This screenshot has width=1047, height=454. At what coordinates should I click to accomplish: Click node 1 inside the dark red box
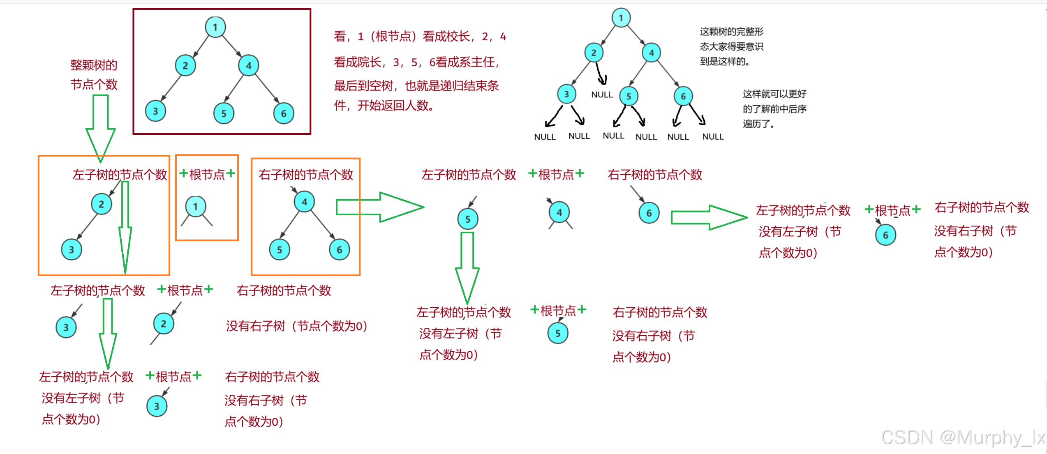pyautogui.click(x=215, y=28)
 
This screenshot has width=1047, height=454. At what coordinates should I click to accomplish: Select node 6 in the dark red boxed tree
pyautogui.click(x=284, y=114)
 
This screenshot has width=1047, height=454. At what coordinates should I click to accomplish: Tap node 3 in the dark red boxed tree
pyautogui.click(x=155, y=111)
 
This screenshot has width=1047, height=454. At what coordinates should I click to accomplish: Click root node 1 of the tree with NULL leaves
pyautogui.click(x=621, y=18)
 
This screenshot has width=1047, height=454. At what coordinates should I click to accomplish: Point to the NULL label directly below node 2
pyautogui.click(x=602, y=95)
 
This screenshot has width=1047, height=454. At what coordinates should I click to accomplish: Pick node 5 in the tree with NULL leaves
pyautogui.click(x=629, y=97)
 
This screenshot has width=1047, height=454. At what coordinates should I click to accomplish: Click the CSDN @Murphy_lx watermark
pyautogui.click(x=962, y=437)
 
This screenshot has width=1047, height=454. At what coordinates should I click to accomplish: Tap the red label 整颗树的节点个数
pyautogui.click(x=94, y=75)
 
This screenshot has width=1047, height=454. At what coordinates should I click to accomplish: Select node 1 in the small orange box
pyautogui.click(x=195, y=207)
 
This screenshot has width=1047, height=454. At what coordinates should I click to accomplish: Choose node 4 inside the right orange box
pyautogui.click(x=304, y=202)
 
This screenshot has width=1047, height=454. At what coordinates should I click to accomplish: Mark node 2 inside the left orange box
pyautogui.click(x=101, y=204)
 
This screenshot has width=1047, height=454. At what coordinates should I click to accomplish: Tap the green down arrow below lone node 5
pyautogui.click(x=467, y=267)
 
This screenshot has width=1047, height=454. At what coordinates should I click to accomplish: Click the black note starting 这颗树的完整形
pyautogui.click(x=731, y=46)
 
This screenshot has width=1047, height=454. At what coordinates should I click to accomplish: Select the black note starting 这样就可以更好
pyautogui.click(x=774, y=109)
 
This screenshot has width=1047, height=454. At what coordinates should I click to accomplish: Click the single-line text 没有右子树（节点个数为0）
pyautogui.click(x=296, y=326)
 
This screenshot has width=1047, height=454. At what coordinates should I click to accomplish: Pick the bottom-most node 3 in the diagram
pyautogui.click(x=157, y=406)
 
